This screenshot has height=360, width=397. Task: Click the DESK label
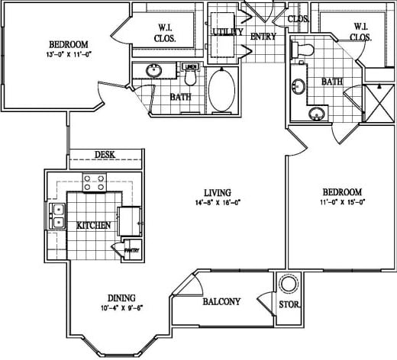[105, 155]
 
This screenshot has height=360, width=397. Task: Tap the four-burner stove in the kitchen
[94, 183]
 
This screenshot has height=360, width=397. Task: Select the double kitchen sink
[58, 216]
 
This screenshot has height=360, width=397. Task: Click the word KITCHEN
[94, 226]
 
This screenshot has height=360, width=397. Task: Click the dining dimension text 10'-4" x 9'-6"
[111, 307]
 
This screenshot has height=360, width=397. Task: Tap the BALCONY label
[221, 302]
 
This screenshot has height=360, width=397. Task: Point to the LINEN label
[191, 66]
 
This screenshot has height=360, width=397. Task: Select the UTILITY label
[228, 32]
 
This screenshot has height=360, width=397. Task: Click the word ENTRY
[263, 35]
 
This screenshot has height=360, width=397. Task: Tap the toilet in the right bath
[304, 51]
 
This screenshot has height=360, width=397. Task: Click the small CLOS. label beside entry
[298, 20]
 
